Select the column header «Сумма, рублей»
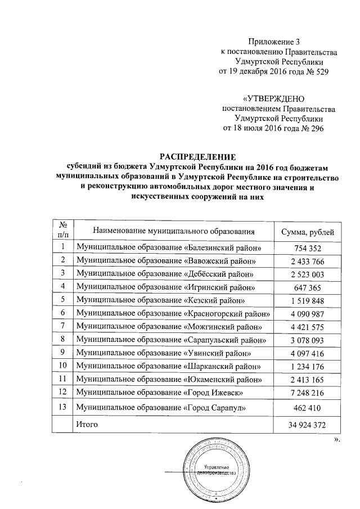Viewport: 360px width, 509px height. pyautogui.click(x=307, y=231)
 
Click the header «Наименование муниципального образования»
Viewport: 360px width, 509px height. pyautogui.click(x=174, y=231)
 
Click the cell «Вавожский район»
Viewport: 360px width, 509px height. pyautogui.click(x=168, y=261)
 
